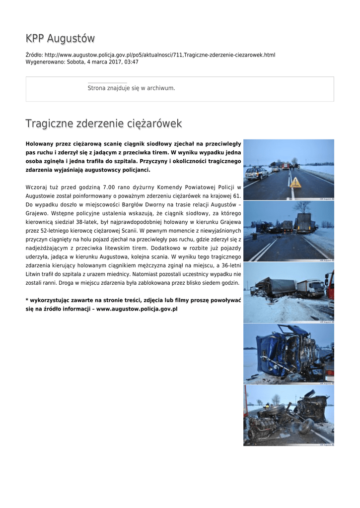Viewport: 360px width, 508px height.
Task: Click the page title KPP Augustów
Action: coord(60,38)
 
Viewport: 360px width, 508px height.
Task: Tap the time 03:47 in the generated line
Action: coord(131,62)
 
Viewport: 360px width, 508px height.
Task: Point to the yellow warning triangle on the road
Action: coord(296,183)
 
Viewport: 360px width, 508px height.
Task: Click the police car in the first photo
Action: coord(257,173)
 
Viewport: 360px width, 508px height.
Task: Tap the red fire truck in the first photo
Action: coord(285,166)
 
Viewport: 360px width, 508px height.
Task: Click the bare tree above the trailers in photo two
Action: coord(301,207)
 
